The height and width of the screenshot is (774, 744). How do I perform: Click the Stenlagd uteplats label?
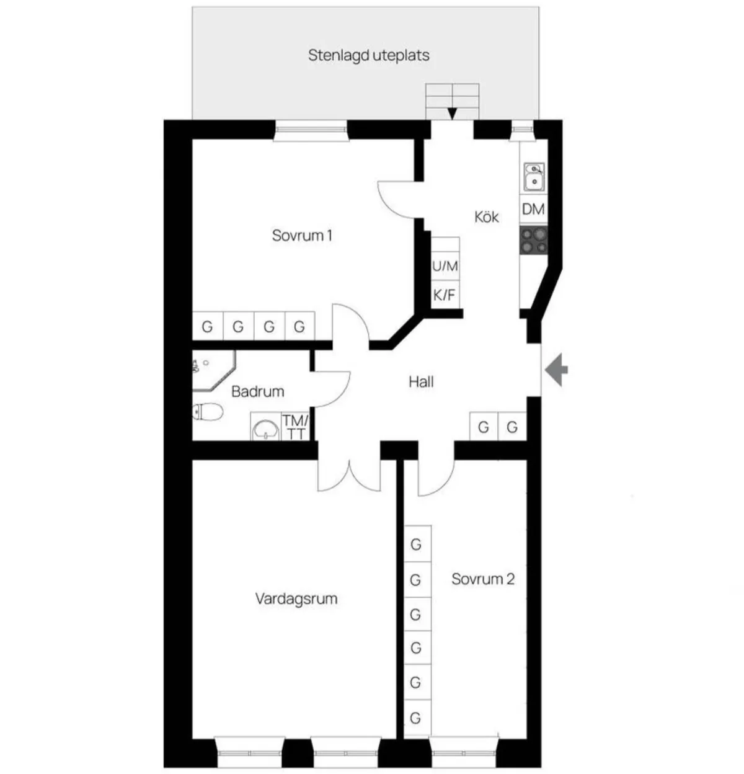pos(369,55)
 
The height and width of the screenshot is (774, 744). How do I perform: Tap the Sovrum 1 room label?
pos(302,236)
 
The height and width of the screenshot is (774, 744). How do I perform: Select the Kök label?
pos(487,216)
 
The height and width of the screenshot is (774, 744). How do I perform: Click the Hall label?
pos(421,381)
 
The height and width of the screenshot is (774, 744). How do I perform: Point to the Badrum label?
pos(257,391)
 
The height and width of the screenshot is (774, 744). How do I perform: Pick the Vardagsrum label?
pos(296,598)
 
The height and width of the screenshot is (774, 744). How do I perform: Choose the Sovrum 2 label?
pos(483,579)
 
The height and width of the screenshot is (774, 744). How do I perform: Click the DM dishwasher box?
pos(533,210)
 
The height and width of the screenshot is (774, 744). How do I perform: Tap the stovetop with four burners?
pos(534,241)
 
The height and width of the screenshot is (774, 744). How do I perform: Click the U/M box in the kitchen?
pos(445,267)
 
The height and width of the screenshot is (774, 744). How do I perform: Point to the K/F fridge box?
pos(444,295)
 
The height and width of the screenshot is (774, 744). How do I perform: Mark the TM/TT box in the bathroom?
pos(296,427)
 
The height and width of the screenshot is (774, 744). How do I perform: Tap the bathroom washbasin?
pos(266,428)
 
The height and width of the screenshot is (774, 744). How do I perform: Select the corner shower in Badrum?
pos(210,370)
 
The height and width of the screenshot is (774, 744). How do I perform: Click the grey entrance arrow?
pos(557,370)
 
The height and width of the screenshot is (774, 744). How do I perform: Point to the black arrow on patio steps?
pos(452,113)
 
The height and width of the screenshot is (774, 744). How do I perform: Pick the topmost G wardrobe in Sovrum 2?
pos(416,544)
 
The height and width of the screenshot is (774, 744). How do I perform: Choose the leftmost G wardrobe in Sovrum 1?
pos(207,326)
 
